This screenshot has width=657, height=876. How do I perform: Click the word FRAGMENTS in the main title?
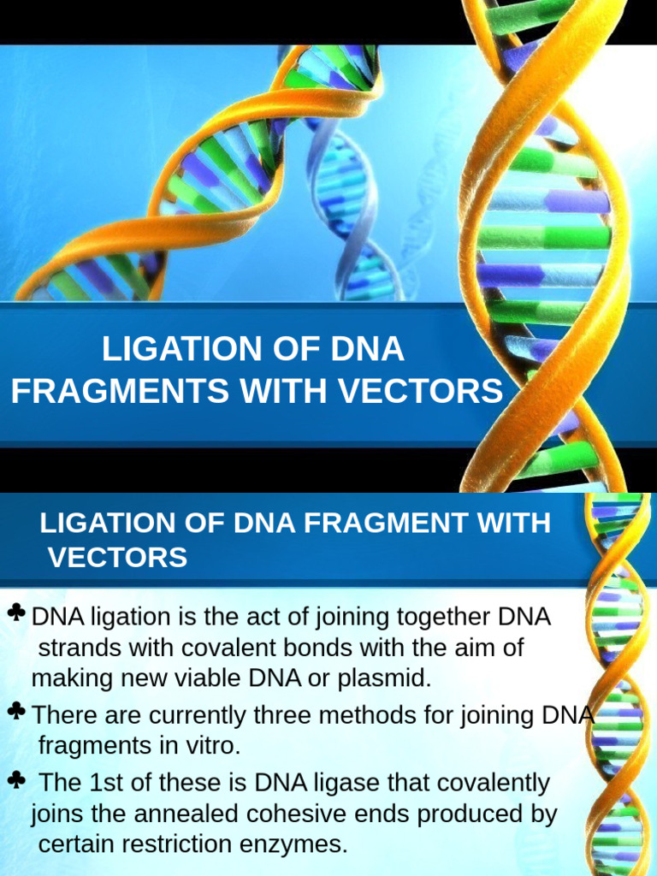(x=120, y=391)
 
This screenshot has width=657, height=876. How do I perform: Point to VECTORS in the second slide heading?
(x=117, y=558)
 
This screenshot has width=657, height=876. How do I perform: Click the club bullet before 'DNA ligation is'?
(x=15, y=613)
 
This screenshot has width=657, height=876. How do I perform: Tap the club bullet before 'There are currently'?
(x=15, y=711)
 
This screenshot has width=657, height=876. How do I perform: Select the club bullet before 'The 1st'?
(x=15, y=779)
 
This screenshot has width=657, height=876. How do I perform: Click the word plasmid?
(x=386, y=678)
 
